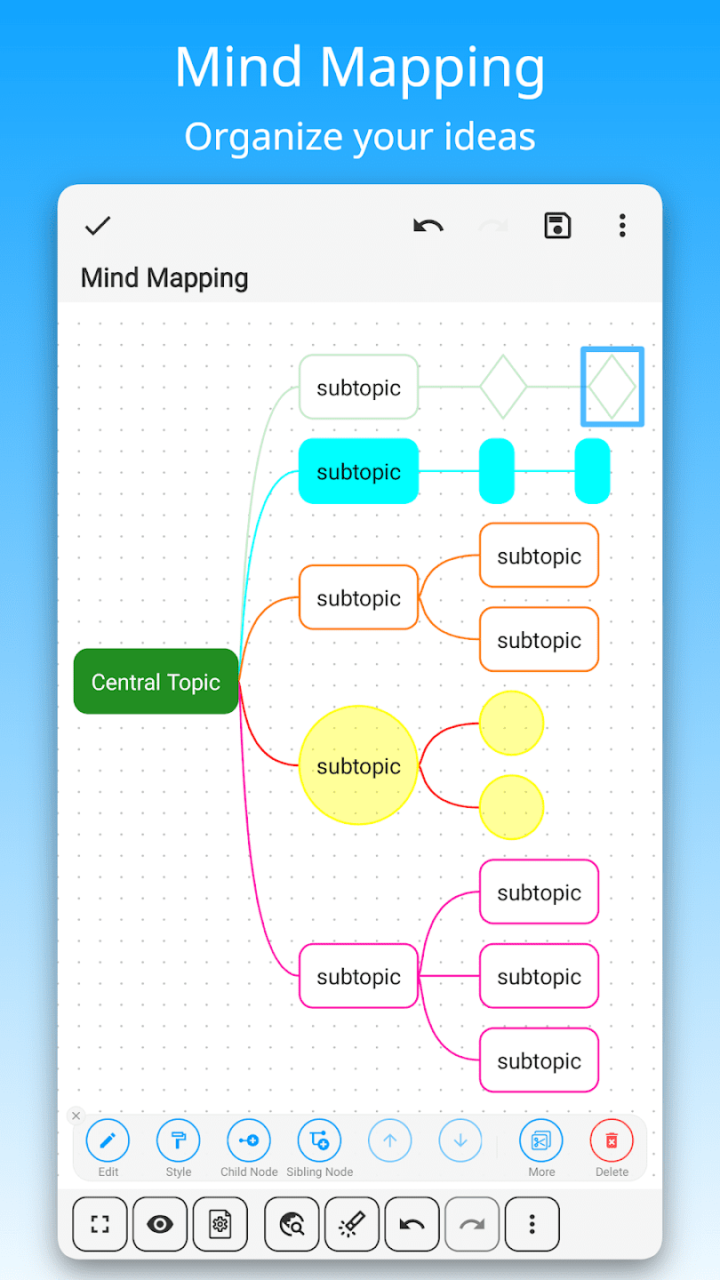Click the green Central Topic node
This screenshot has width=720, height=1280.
click(156, 682)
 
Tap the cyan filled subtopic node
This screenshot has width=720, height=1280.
click(358, 471)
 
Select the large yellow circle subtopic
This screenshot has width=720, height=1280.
click(358, 765)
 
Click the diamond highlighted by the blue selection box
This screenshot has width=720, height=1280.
click(612, 387)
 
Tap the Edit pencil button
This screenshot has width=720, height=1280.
click(108, 1140)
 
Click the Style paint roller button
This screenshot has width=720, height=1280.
click(179, 1140)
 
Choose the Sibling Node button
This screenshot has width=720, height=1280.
click(319, 1140)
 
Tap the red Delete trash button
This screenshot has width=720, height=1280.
click(612, 1140)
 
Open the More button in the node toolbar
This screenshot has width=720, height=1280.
click(541, 1140)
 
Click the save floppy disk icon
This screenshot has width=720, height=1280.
click(557, 226)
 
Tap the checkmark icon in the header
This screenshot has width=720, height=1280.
click(98, 226)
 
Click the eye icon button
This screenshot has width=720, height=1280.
click(160, 1224)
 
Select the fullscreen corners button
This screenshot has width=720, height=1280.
click(100, 1224)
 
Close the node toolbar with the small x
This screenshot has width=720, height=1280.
click(76, 1116)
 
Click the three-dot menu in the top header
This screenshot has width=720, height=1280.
click(622, 226)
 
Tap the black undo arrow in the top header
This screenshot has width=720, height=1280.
click(428, 226)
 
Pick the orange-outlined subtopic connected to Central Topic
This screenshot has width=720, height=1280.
click(358, 597)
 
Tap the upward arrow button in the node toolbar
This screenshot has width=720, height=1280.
click(390, 1140)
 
